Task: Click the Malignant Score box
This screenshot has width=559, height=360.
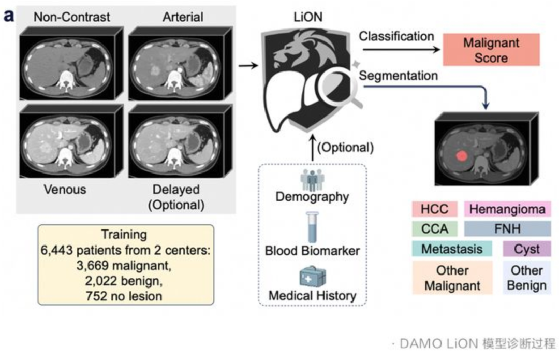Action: (x=491, y=50)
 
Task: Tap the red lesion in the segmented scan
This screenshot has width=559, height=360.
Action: (x=462, y=155)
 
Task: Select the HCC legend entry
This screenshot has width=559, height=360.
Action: (x=435, y=209)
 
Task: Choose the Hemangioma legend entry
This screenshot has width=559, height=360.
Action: (x=507, y=209)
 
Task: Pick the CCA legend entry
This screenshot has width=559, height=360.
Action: (x=435, y=229)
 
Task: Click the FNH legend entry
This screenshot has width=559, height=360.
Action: (x=507, y=229)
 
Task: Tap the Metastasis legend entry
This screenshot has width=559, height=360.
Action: (x=452, y=249)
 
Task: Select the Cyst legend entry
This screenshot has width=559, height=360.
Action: (x=527, y=249)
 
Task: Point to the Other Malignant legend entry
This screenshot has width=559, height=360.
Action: (x=452, y=278)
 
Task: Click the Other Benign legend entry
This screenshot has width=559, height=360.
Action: (x=527, y=278)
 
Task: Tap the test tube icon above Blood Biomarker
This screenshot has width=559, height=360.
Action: (x=312, y=227)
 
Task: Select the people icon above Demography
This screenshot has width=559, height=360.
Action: (x=312, y=180)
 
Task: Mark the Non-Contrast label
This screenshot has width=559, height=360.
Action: (x=71, y=17)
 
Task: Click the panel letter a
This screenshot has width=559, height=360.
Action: (x=9, y=16)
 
